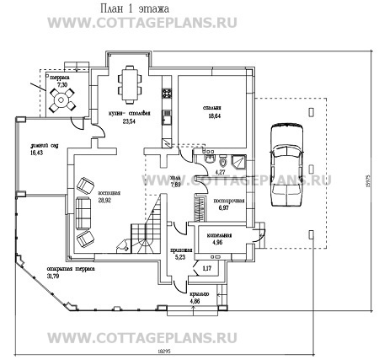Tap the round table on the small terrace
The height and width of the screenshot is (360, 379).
click(61, 101)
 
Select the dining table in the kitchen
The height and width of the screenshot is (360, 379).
click(130, 84)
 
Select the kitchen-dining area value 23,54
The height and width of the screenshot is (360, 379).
click(129, 121)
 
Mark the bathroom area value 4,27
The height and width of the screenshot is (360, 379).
click(222, 171)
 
